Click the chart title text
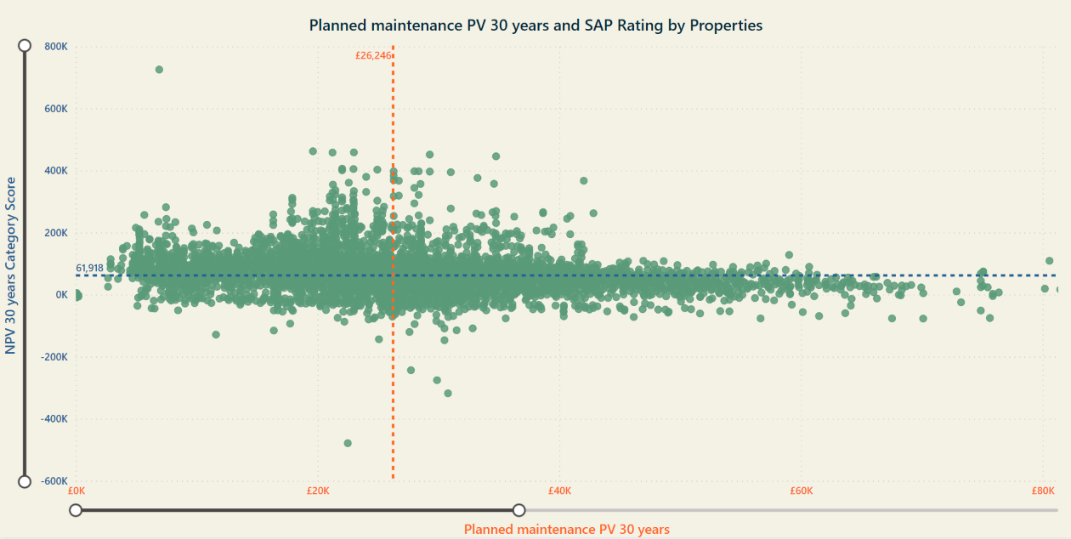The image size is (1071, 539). coord(535,26)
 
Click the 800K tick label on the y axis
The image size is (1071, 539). coord(56,47)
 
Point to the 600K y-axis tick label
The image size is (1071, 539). coord(56,109)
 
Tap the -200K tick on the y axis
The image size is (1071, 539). coord(54,357)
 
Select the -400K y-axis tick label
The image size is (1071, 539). coord(54,419)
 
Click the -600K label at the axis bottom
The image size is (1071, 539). coord(54,481)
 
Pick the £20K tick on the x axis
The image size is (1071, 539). coord(318,491)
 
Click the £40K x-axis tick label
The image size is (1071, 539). coord(559,491)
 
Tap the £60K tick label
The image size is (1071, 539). coord(802,491)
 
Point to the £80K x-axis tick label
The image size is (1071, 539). coord(1043,491)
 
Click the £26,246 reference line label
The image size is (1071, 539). coord(373,55)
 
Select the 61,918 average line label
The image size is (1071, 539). coord(89,268)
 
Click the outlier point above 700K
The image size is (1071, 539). coord(159,70)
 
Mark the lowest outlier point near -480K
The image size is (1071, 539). coord(348,443)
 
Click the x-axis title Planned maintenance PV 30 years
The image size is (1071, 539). coord(567,530)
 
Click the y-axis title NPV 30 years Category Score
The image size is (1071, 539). coord(10,265)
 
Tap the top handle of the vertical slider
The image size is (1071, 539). coord(25,45)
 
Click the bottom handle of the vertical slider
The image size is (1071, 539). coord(25,481)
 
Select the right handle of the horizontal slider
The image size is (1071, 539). coord(518,510)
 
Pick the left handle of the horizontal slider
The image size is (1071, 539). coord(76,510)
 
